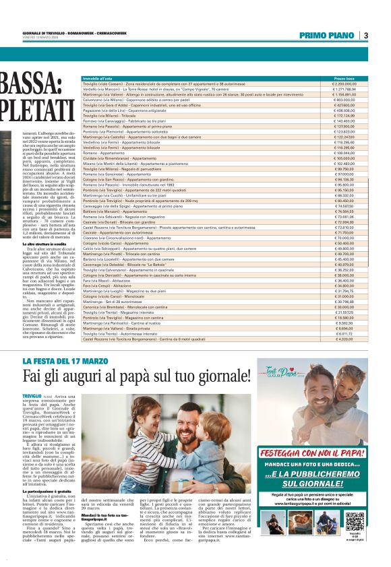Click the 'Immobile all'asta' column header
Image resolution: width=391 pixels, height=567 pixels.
(x=98, y=79)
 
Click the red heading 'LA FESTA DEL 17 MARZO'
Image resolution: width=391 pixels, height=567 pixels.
(x=64, y=362)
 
